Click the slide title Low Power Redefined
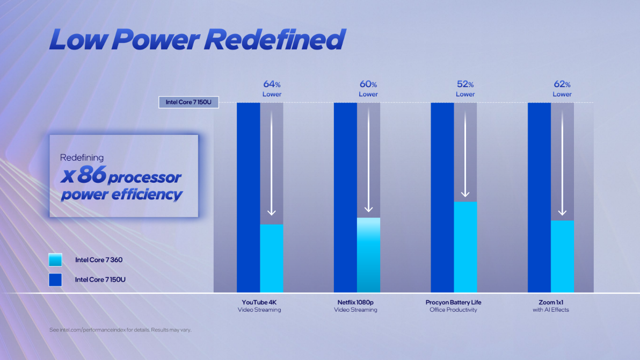coord(197,40)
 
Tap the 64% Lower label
coord(272,89)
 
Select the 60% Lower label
coord(368,89)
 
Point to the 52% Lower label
coord(465,89)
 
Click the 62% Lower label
coord(562,89)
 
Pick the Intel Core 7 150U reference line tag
coord(188,102)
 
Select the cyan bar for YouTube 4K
coord(272,258)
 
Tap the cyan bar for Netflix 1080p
coord(368,255)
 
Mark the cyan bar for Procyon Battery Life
coord(466,247)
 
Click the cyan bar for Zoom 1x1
coord(562,256)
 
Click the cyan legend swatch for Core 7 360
coord(55,260)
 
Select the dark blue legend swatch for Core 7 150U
coord(55,279)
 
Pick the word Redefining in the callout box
coord(82,158)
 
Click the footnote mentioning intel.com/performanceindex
coord(120,329)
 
